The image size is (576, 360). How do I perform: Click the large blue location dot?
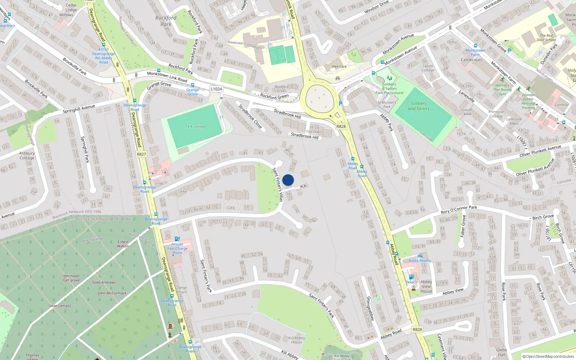pyautogui.click(x=288, y=180)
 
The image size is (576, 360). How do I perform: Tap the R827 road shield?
pyautogui.click(x=141, y=154)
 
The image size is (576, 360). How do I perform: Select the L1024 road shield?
pyautogui.click(x=216, y=89)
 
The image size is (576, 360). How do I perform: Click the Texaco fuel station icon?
pyautogui.click(x=411, y=277)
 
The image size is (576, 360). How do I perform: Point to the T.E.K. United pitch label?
pyautogui.click(x=195, y=127)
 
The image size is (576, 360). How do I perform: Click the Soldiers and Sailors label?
pyautogui.click(x=419, y=106)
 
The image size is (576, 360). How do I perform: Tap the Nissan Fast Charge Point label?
pyautogui.click(x=177, y=248)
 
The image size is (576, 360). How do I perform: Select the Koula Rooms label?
pyautogui.click(x=420, y=261)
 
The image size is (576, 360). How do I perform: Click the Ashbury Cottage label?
pyautogui.click(x=27, y=156)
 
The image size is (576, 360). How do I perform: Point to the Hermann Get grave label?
pyautogui.click(x=71, y=278)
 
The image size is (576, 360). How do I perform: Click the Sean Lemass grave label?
pyautogui.click(x=60, y=306)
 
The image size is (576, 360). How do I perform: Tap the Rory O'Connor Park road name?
pyautogui.click(x=459, y=210)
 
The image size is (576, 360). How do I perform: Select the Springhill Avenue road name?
pyautogui.click(x=79, y=109)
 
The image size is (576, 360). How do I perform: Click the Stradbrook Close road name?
pyautogui.click(x=250, y=116)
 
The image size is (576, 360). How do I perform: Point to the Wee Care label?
pyautogui.click(x=339, y=67)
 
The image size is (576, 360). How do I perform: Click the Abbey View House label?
pyautogui.click(x=426, y=287)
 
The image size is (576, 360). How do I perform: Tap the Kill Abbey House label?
pyautogui.click(x=297, y=340)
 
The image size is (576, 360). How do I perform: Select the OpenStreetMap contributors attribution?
pyautogui.click(x=548, y=356)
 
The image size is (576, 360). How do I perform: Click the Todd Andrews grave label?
pyautogui.click(x=104, y=283)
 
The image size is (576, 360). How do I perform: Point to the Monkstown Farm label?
pyautogui.click(x=475, y=53)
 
